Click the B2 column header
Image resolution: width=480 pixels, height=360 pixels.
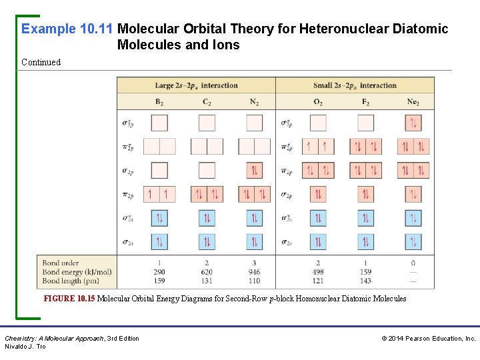159,102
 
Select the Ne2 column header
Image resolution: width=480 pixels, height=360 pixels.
413,102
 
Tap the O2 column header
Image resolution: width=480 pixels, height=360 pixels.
318,102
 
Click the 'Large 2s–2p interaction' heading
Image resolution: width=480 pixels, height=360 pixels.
196,85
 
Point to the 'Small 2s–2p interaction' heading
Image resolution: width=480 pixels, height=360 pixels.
355,85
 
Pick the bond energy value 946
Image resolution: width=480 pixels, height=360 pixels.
254,272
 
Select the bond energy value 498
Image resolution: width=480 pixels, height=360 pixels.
318,272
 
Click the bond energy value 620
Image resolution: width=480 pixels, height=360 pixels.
207,272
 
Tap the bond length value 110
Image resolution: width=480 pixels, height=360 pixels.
254,281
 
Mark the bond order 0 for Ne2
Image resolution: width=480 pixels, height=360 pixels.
413,263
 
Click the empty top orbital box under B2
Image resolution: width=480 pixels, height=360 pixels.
159,123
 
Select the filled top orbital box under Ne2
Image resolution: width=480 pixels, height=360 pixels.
413,123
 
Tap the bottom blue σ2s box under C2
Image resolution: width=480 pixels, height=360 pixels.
207,242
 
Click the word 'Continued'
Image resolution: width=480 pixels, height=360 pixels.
41,62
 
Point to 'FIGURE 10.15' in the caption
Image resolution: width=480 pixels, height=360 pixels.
69,299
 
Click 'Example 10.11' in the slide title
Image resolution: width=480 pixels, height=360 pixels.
67,29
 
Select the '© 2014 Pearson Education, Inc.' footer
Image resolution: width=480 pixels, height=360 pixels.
428,339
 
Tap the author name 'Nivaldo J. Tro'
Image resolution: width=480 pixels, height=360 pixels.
25,347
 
